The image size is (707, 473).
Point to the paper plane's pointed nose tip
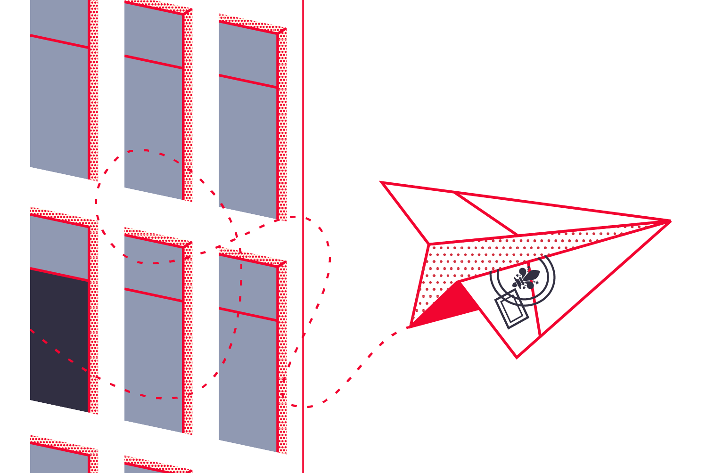pyautogui.click(x=669, y=220)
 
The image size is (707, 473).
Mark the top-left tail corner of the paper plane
pyautogui.click(x=382, y=182)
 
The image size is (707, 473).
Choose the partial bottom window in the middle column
pyautogui.click(x=153, y=468)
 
